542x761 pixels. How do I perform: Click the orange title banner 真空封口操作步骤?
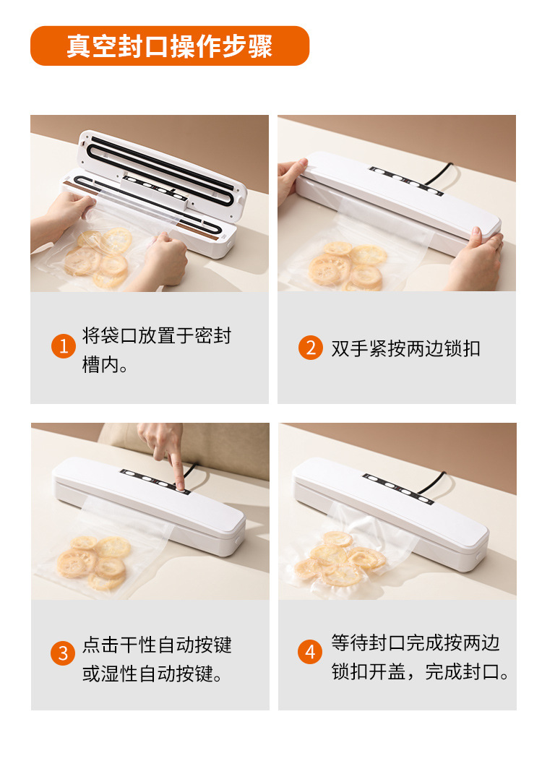(170, 46)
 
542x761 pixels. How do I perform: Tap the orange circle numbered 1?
(63, 346)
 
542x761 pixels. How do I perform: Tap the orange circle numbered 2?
(311, 348)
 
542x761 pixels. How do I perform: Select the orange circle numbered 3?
(63, 653)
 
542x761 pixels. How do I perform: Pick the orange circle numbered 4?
(310, 652)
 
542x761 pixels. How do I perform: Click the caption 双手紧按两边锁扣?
(405, 348)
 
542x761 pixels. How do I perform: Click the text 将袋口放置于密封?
(157, 335)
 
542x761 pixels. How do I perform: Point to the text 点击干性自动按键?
(157, 645)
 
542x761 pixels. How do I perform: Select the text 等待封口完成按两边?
(416, 642)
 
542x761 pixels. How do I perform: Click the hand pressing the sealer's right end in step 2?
(476, 259)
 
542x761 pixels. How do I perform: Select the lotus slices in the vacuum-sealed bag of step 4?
(340, 558)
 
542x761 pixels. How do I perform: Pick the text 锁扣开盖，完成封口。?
(421, 671)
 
